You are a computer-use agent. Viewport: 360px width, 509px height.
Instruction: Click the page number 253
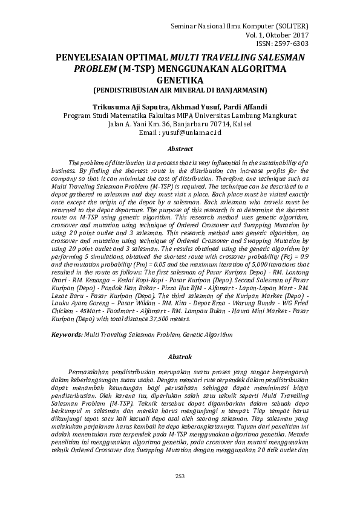tap(180, 477)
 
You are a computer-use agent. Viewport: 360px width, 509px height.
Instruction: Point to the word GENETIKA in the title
tap(180, 79)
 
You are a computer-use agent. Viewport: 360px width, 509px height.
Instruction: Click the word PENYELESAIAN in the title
tap(92, 57)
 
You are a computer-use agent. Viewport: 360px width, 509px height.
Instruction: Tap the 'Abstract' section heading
tap(180, 149)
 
